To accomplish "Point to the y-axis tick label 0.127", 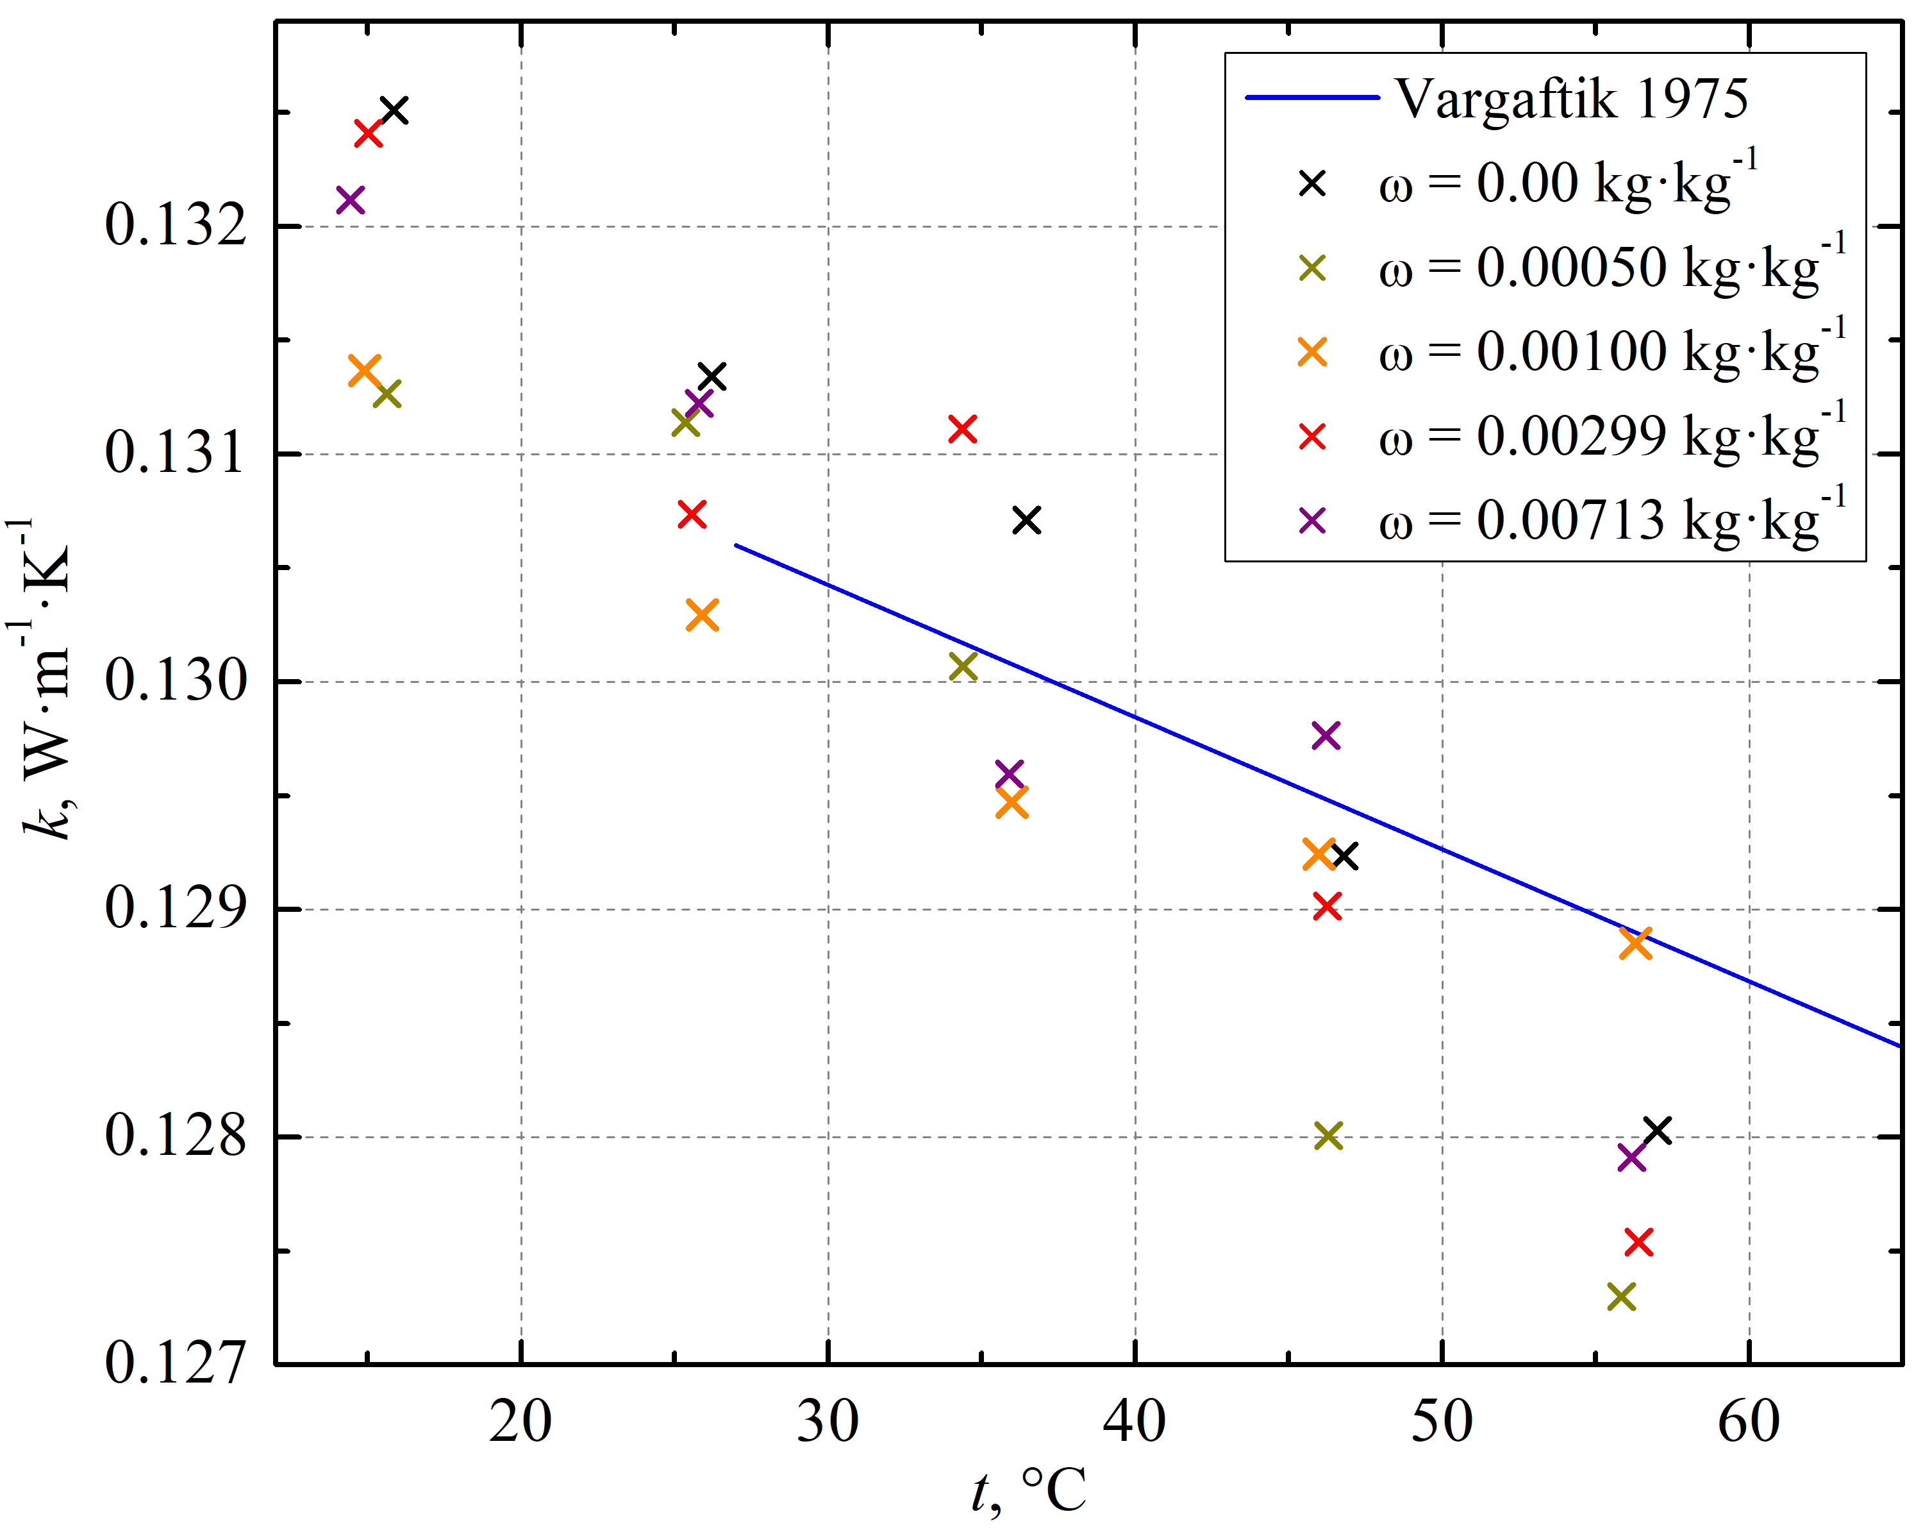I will pyautogui.click(x=175, y=1363).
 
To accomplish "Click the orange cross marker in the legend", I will pyautogui.click(x=1312, y=351).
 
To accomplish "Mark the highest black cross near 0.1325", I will pyautogui.click(x=394, y=111).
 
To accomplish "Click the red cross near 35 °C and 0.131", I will pyautogui.click(x=961, y=429).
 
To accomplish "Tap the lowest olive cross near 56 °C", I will pyautogui.click(x=1622, y=1297).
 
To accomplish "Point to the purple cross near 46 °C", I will pyautogui.click(x=1326, y=736).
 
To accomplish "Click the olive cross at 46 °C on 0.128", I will pyautogui.click(x=1328, y=1136).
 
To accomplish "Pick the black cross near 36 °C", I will pyautogui.click(x=1027, y=520).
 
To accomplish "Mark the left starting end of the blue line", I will pyautogui.click(x=736, y=545).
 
